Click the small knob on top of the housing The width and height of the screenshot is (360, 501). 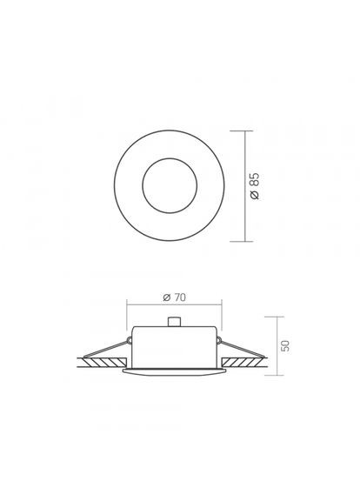(x=176, y=323)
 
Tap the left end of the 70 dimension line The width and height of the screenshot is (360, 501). (x=127, y=304)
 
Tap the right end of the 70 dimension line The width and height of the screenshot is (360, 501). (x=223, y=304)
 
